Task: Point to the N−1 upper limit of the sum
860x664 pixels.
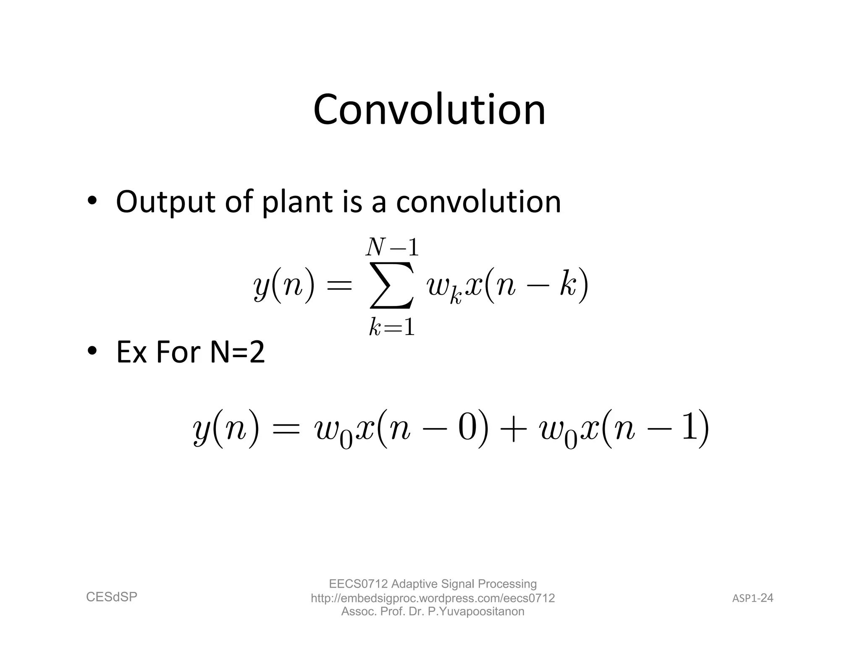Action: [392, 247]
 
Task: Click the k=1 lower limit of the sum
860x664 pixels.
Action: [392, 327]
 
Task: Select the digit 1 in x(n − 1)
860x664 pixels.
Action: [690, 429]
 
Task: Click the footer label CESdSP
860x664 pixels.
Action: [112, 596]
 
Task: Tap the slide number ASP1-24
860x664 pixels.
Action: [752, 598]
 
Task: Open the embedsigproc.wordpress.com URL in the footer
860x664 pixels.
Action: [433, 598]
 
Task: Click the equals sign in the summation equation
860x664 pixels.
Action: [338, 287]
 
